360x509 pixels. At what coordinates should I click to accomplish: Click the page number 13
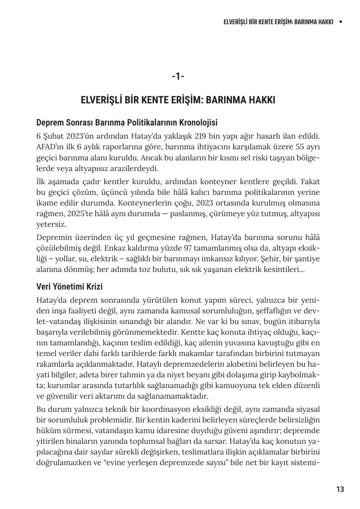pos(340,489)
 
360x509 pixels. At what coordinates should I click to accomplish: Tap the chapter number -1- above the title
pos(178,76)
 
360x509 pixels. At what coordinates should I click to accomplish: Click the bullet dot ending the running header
pos(340,22)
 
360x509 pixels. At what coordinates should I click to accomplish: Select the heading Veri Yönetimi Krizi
pos(69,286)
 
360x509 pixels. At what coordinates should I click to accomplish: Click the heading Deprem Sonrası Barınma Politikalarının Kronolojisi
pos(127,123)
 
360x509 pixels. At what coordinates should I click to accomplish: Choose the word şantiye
pos(307,259)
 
